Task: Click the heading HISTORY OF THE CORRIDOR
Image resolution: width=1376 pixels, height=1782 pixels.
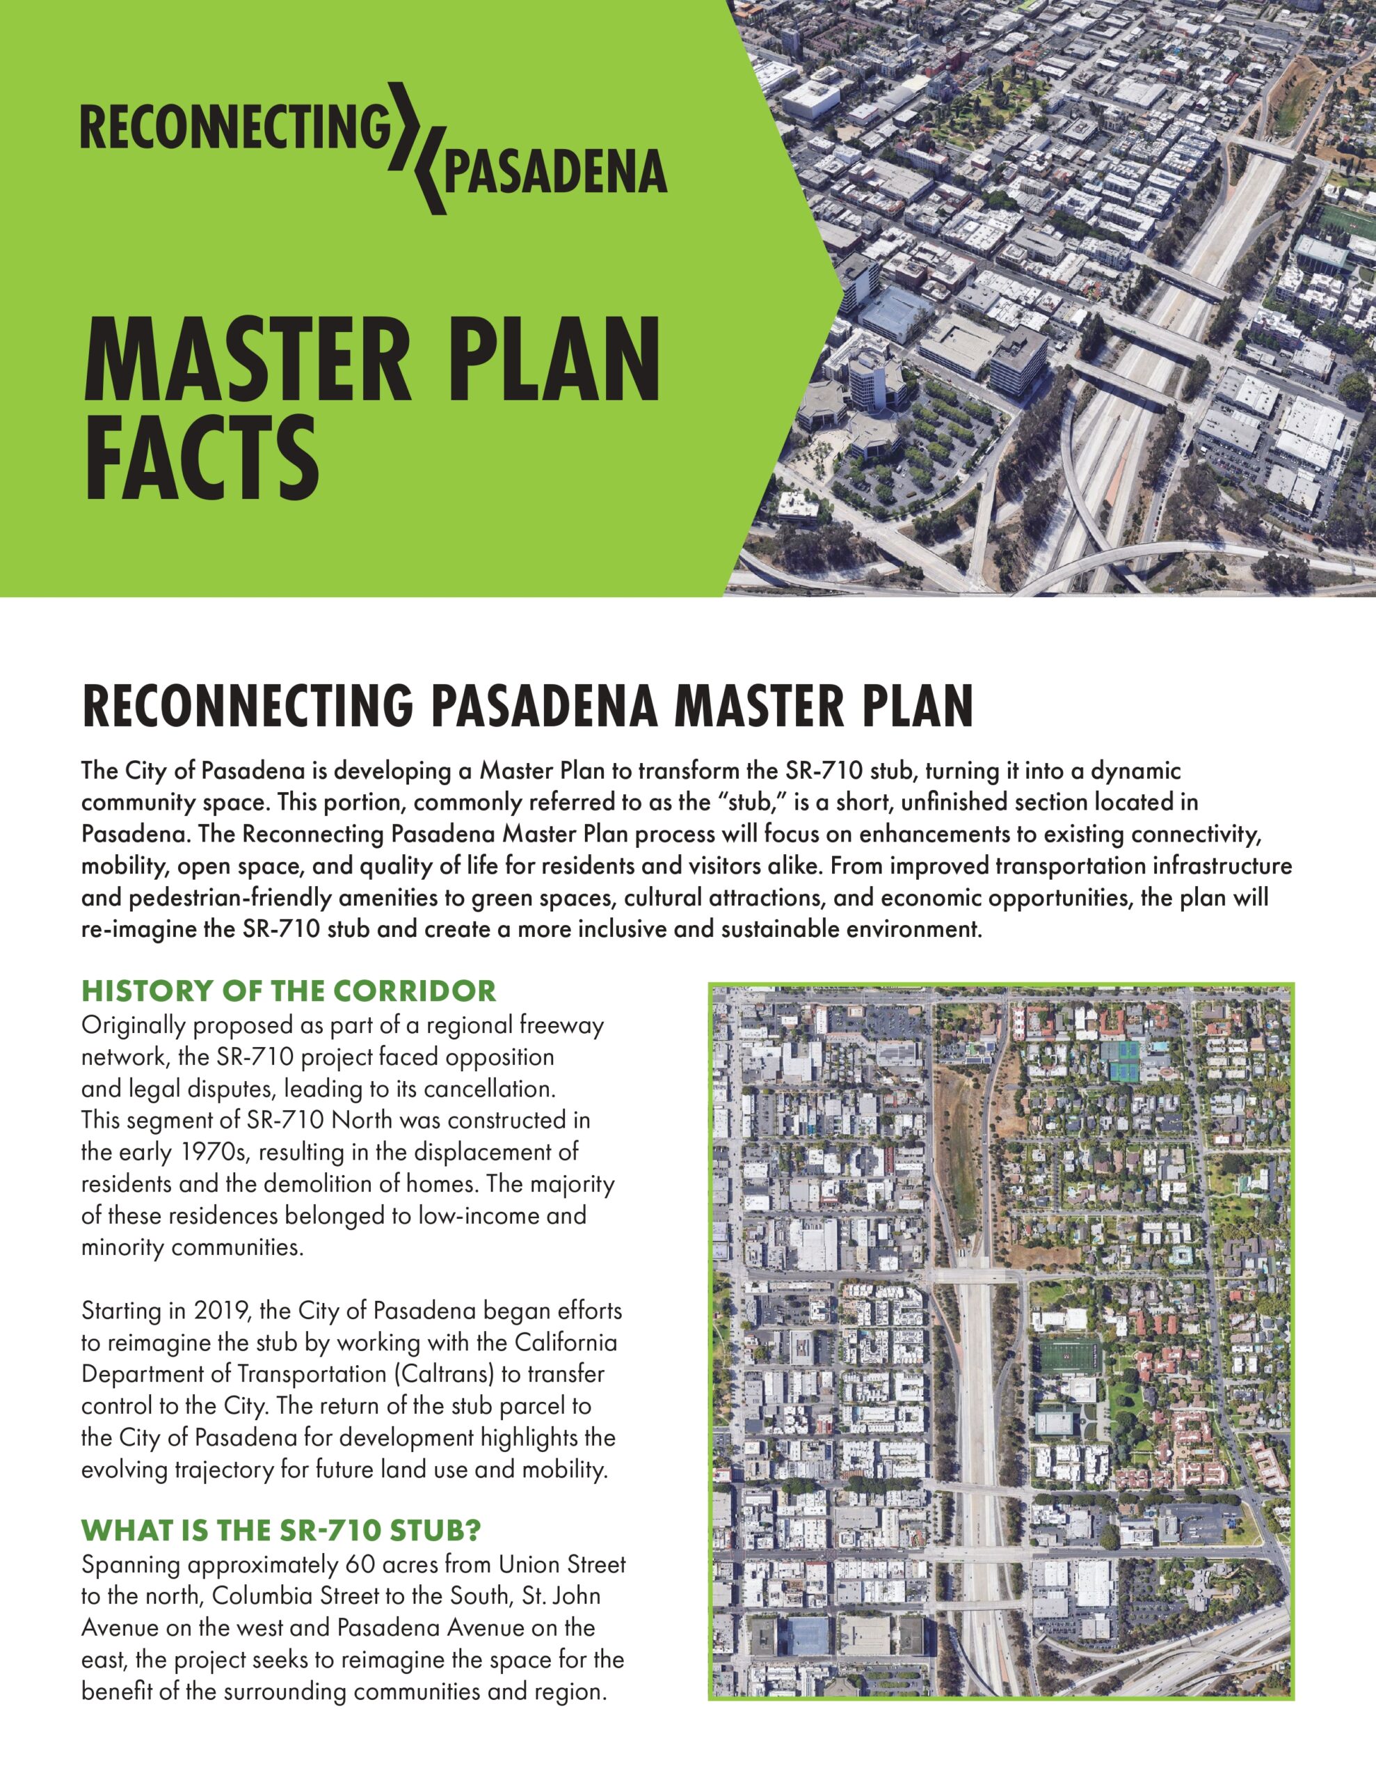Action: tap(289, 991)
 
